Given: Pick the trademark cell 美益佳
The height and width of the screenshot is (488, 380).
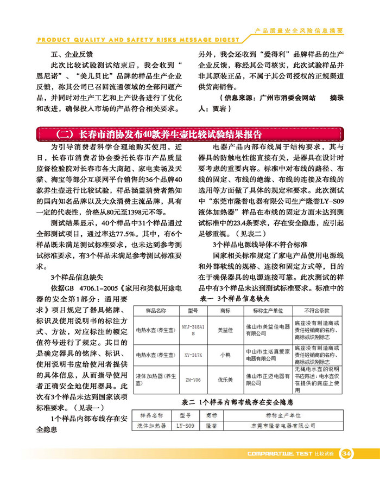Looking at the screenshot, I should click(224, 329).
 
